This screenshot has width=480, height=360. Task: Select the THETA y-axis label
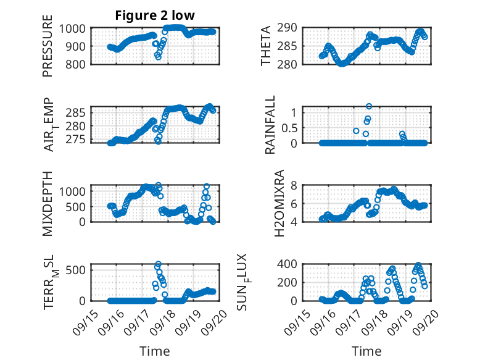266,46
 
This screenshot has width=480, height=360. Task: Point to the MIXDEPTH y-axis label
48,203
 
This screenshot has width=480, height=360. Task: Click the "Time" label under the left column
155,351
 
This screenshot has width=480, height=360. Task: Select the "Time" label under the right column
366,351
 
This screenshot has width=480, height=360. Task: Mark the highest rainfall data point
369,106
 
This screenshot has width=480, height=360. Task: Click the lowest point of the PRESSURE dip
157,57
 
